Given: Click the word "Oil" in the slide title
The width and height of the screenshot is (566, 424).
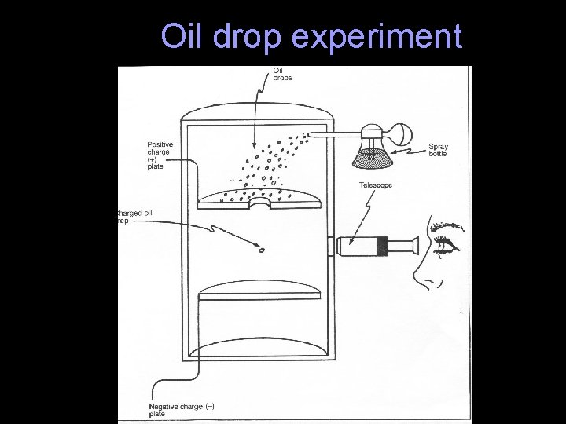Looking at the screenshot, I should tap(178, 36).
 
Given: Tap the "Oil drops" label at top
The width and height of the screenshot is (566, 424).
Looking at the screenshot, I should tap(281, 75).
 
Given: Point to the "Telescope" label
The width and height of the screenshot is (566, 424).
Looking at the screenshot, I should tap(376, 185).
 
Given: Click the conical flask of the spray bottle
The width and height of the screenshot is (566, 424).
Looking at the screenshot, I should tap(370, 153).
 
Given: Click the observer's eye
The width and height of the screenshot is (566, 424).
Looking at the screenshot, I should tap(446, 246).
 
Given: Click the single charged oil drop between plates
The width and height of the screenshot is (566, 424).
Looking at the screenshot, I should tap(261, 250).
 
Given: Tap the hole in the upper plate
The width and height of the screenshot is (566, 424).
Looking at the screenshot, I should tap(259, 203).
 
